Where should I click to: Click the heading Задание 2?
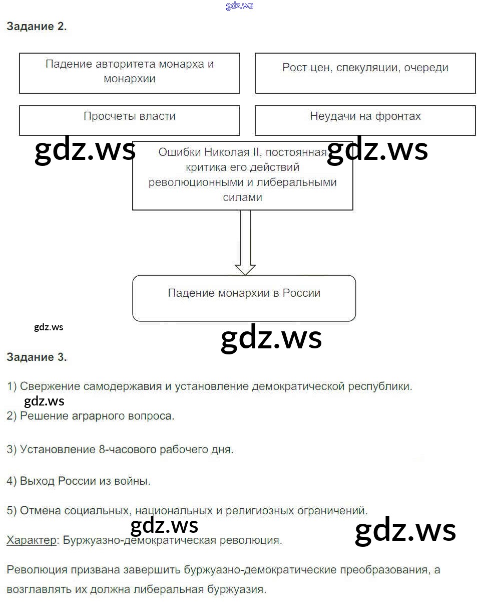click(x=37, y=27)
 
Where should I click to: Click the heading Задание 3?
click(x=37, y=357)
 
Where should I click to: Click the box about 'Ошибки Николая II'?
click(x=242, y=175)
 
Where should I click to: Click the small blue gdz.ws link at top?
click(x=240, y=6)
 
